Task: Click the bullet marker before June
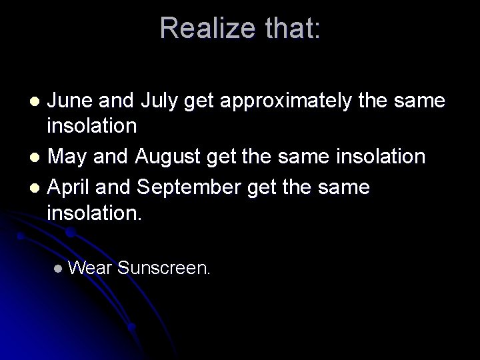pyautogui.click(x=37, y=101)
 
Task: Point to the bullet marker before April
pyautogui.click(x=37, y=187)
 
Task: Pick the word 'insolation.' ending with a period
pyautogui.click(x=95, y=215)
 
